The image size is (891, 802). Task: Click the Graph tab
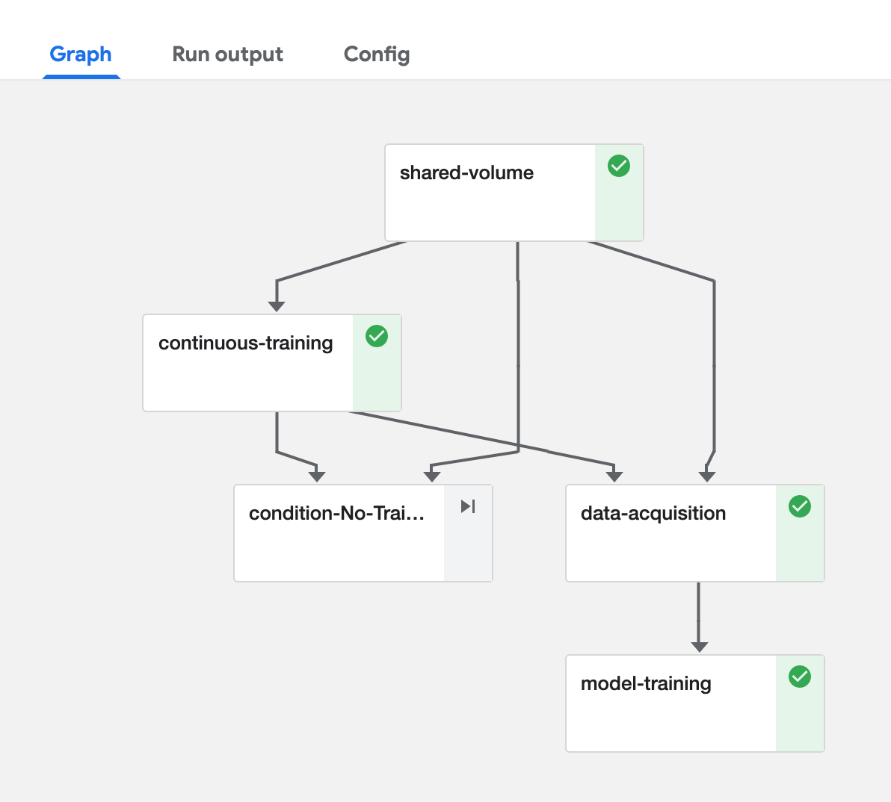pyautogui.click(x=81, y=55)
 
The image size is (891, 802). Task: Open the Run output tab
pyautogui.click(x=227, y=55)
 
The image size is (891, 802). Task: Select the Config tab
pyautogui.click(x=377, y=55)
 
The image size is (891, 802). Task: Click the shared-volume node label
pyautogui.click(x=466, y=173)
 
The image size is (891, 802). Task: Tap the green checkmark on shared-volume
pyautogui.click(x=619, y=166)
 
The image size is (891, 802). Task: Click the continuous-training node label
pyautogui.click(x=245, y=344)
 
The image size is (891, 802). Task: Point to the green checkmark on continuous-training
pyautogui.click(x=377, y=336)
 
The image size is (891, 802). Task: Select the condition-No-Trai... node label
pyautogui.click(x=336, y=514)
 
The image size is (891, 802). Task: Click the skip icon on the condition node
pyautogui.click(x=468, y=506)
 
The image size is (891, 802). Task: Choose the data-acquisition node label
pyautogui.click(x=653, y=514)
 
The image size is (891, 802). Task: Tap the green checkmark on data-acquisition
pyautogui.click(x=800, y=506)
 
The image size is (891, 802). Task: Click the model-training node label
pyautogui.click(x=646, y=684)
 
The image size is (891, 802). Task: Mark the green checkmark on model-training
pyautogui.click(x=800, y=677)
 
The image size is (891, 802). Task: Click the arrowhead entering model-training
pyautogui.click(x=699, y=647)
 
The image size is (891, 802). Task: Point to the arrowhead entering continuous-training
pyautogui.click(x=277, y=306)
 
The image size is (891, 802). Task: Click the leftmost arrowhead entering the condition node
pyautogui.click(x=317, y=476)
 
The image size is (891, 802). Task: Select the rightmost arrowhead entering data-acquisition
pyautogui.click(x=707, y=476)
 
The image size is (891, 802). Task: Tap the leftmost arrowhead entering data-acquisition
pyautogui.click(x=614, y=476)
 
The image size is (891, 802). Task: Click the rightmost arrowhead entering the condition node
pyautogui.click(x=432, y=476)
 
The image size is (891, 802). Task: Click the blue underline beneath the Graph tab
pyautogui.click(x=81, y=76)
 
